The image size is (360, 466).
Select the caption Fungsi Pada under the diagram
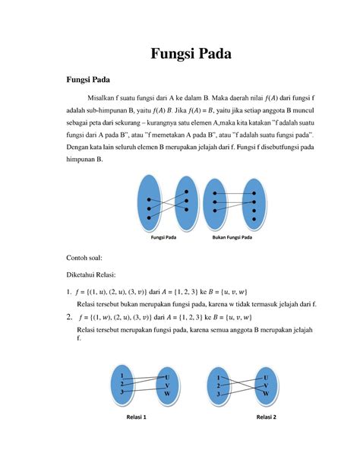pos(159,238)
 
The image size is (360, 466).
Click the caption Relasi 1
pos(134,418)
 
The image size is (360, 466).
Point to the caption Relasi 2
pos(266,418)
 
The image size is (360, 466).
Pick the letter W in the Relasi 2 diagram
pos(266,395)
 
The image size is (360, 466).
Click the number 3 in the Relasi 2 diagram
pos(219,394)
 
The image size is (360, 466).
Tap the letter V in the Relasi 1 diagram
pos(167,385)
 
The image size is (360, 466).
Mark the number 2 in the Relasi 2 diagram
pos(219,385)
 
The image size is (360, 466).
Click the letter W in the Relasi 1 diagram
pos(167,395)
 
